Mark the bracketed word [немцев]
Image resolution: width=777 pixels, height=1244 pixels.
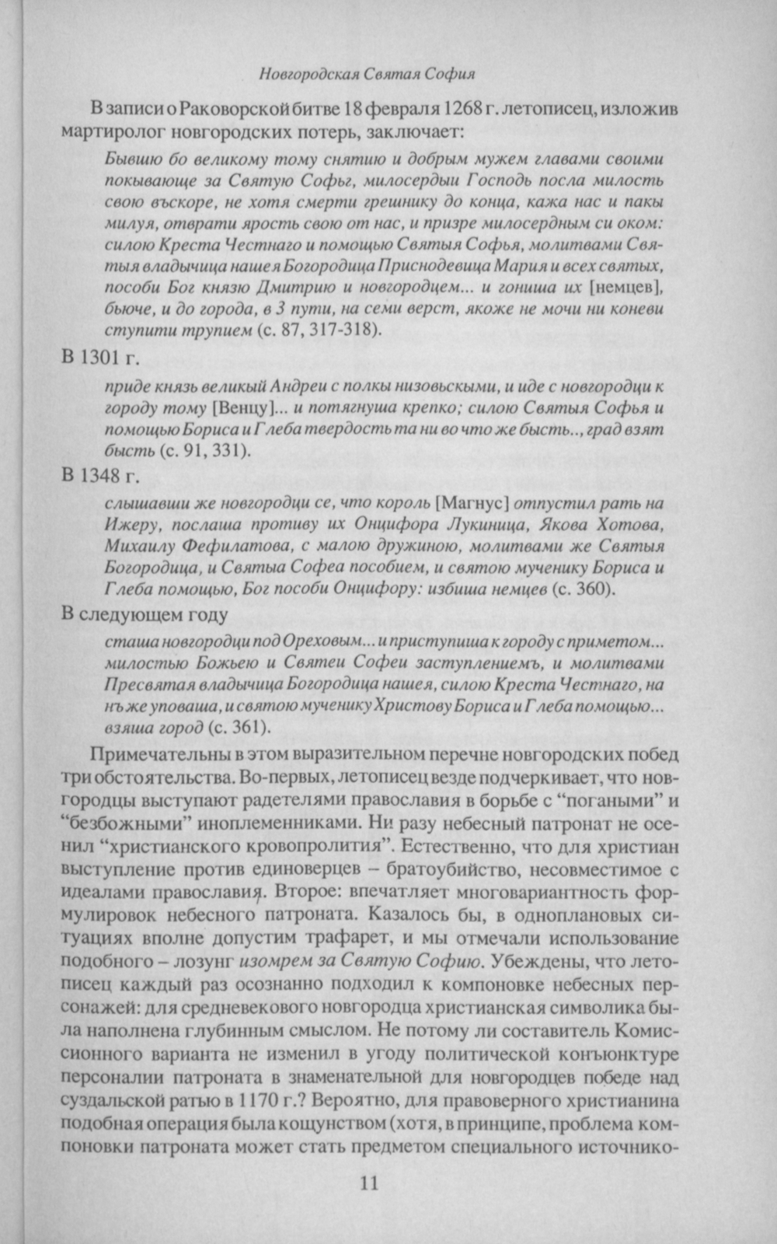[626, 288]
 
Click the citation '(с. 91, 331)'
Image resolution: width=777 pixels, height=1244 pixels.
[204, 450]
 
